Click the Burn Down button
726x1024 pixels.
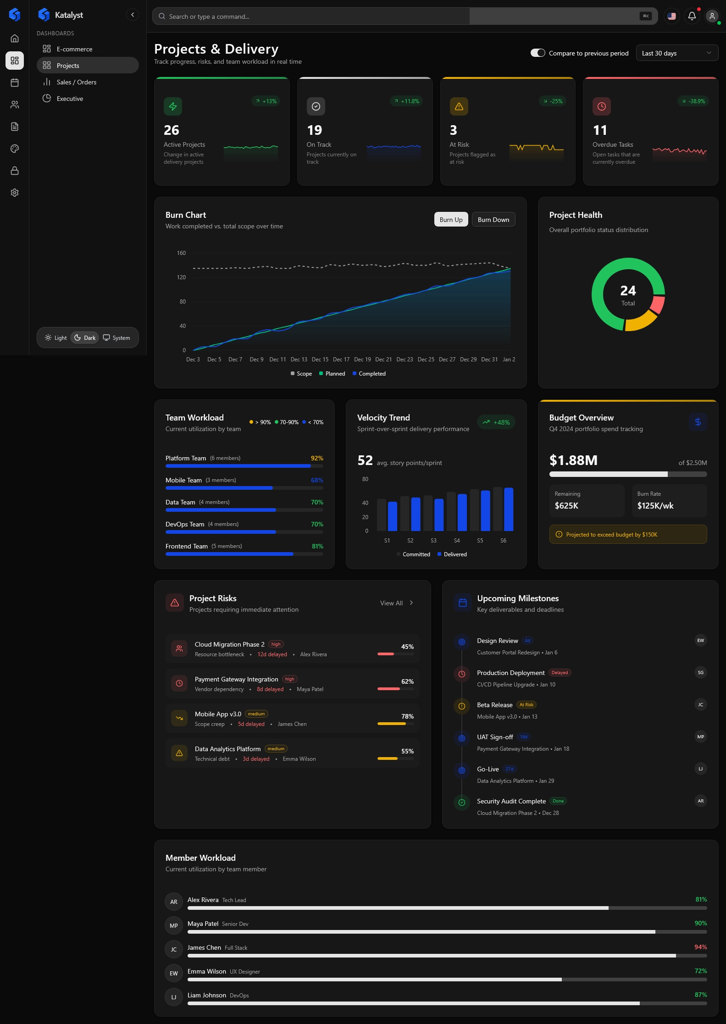(x=493, y=220)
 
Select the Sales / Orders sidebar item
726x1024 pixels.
(x=76, y=82)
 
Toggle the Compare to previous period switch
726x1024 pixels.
(x=538, y=53)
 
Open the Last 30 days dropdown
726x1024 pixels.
(x=676, y=53)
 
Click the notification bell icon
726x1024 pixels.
(x=692, y=16)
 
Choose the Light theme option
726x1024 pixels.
(x=56, y=338)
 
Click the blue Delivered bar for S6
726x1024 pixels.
(x=509, y=509)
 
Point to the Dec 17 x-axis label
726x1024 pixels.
(x=341, y=360)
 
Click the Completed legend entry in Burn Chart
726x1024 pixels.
(x=369, y=374)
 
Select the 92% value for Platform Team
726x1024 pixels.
(x=317, y=458)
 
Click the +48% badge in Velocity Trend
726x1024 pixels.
(x=496, y=422)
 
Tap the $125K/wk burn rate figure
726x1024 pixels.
(x=655, y=506)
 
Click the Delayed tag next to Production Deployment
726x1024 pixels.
(x=560, y=673)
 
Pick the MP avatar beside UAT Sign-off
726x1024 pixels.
(x=700, y=737)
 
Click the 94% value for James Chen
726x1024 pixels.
(x=700, y=947)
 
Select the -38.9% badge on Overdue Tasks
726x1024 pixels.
(x=693, y=101)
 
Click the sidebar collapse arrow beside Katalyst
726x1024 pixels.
(x=133, y=15)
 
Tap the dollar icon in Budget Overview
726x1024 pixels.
(x=698, y=422)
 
